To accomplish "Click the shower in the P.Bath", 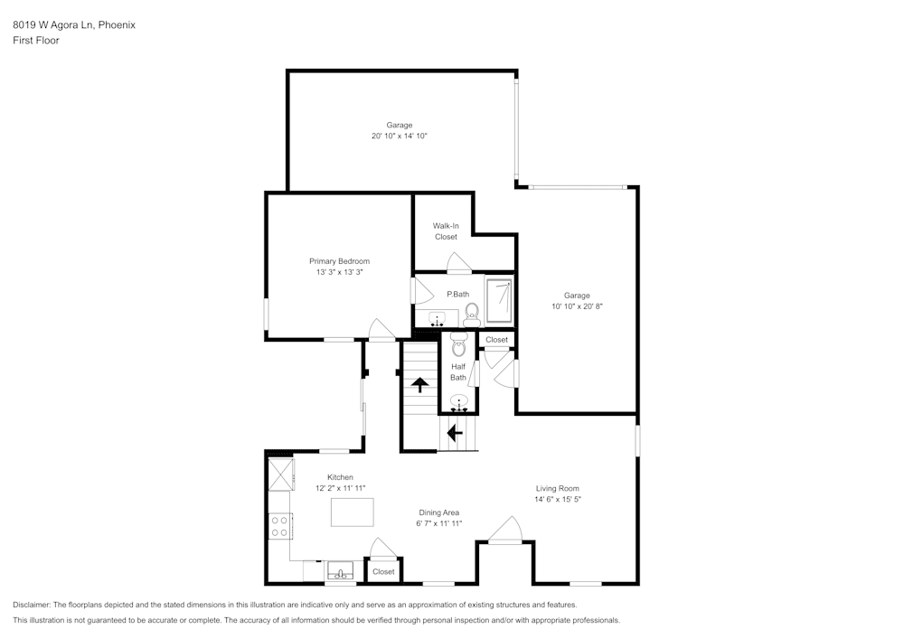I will click(500, 302).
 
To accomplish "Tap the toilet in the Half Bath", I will click(458, 343).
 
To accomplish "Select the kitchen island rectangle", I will click(352, 512).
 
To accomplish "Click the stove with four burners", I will click(280, 525).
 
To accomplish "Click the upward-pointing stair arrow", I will click(420, 384).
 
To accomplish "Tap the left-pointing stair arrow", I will click(455, 433).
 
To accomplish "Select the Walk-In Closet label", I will click(446, 231).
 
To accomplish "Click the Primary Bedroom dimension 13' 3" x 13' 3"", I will click(339, 272).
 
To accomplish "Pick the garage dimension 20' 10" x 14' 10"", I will click(399, 136).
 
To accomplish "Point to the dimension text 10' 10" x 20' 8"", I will click(577, 306).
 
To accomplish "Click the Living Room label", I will click(557, 488).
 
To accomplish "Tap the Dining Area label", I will click(439, 512).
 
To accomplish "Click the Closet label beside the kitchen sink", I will click(383, 571).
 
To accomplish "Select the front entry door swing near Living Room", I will click(506, 530).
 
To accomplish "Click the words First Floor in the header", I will click(36, 41).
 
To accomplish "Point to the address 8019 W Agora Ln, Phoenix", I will click(74, 25).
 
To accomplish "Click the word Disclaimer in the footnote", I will click(33, 605).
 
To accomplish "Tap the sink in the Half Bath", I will click(459, 403).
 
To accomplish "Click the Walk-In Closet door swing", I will click(459, 264).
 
